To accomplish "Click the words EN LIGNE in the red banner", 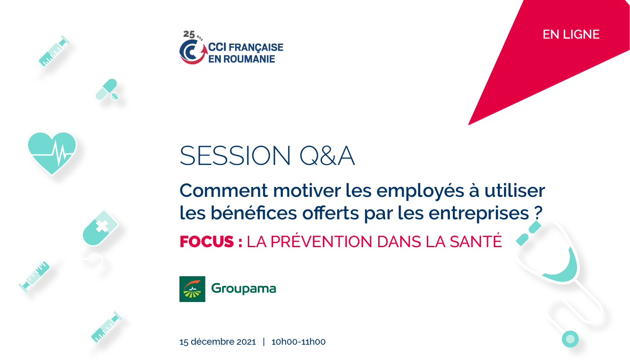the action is tap(571, 34).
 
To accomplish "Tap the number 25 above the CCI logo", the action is tap(189, 34).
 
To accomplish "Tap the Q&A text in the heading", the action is tap(327, 156).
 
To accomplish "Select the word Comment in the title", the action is tap(223, 191).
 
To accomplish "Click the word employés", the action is tap(420, 191).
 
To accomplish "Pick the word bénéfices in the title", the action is tap(254, 213).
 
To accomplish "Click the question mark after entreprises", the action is tap(538, 213).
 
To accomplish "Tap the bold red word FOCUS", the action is tap(207, 242).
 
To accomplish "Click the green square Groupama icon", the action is tap(192, 289).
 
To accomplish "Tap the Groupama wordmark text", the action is tap(244, 289).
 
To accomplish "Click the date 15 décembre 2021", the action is tap(218, 342).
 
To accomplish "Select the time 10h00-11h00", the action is tap(299, 342).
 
